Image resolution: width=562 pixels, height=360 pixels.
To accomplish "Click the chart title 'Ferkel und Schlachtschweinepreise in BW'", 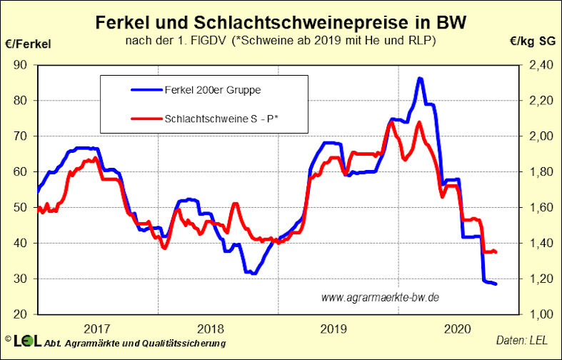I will pyautogui.click(x=281, y=22).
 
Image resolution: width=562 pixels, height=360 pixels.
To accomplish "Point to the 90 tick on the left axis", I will pyautogui.click(x=20, y=65).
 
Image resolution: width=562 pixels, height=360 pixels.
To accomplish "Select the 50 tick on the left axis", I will pyautogui.click(x=20, y=208).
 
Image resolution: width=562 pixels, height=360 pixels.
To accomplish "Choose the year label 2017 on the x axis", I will pyautogui.click(x=96, y=329).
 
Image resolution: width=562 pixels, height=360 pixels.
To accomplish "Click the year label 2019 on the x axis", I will pyautogui.click(x=334, y=329).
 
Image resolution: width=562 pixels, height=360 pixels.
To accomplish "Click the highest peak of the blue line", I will pyautogui.click(x=420, y=79).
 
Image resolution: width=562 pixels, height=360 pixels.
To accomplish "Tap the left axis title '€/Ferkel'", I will pyautogui.click(x=29, y=44).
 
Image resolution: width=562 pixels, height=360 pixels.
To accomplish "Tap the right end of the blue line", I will pyautogui.click(x=496, y=284).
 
